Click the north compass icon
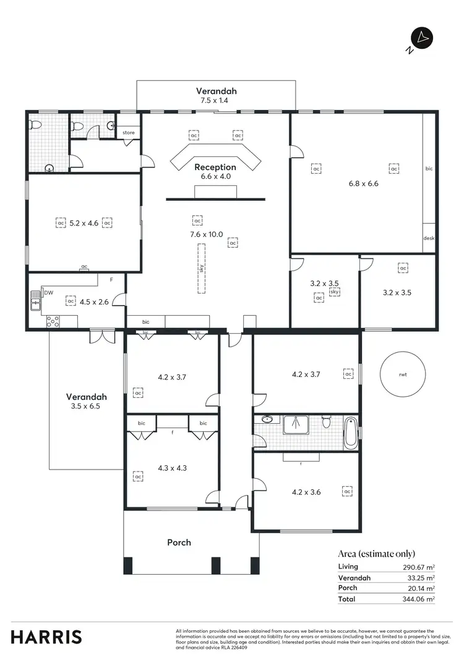423,38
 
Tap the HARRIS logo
46,636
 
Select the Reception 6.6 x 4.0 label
215,171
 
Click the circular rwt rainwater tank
402,374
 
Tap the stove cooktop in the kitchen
52,321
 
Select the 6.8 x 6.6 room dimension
363,183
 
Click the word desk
428,239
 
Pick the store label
128,133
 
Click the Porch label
179,543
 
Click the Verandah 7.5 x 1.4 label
217,95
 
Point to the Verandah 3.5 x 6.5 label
87,402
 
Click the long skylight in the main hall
202,268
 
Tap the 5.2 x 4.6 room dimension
84,222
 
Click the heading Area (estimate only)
377,554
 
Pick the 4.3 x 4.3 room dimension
173,468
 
